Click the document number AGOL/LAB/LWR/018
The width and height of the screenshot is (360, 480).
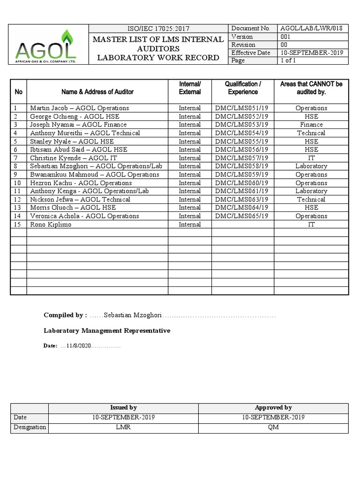click(311, 29)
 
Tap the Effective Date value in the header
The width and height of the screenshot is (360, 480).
click(311, 53)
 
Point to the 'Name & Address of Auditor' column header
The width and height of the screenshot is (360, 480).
click(97, 92)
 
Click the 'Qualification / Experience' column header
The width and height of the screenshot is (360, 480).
click(243, 88)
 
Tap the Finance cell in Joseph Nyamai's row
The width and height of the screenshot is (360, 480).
click(311, 125)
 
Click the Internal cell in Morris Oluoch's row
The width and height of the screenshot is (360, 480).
click(189, 208)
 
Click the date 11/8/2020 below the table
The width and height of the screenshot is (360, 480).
click(79, 346)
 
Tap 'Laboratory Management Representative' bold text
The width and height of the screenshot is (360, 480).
click(107, 331)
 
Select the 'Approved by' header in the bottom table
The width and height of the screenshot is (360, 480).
click(273, 408)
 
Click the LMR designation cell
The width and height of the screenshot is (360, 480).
click(124, 427)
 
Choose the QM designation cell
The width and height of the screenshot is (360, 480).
click(273, 427)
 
